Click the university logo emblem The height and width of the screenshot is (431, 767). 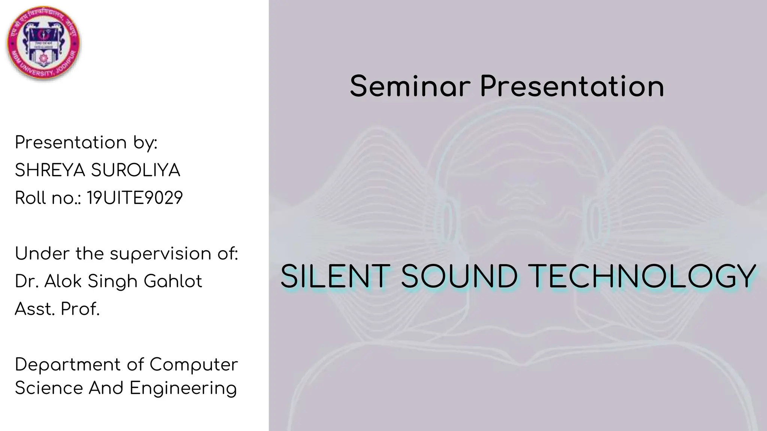43,43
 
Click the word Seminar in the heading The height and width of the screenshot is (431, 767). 410,86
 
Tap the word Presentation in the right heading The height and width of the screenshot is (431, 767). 572,86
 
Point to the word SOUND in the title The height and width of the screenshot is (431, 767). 460,277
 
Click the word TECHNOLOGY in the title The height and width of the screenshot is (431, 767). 643,277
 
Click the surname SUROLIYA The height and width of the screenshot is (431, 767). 136,171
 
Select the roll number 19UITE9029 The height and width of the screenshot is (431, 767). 135,198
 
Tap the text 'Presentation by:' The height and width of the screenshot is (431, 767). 86,143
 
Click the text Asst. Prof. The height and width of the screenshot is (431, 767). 57,309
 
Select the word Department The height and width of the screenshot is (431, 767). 68,365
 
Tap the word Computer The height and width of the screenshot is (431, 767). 194,365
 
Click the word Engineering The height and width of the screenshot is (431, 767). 183,388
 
